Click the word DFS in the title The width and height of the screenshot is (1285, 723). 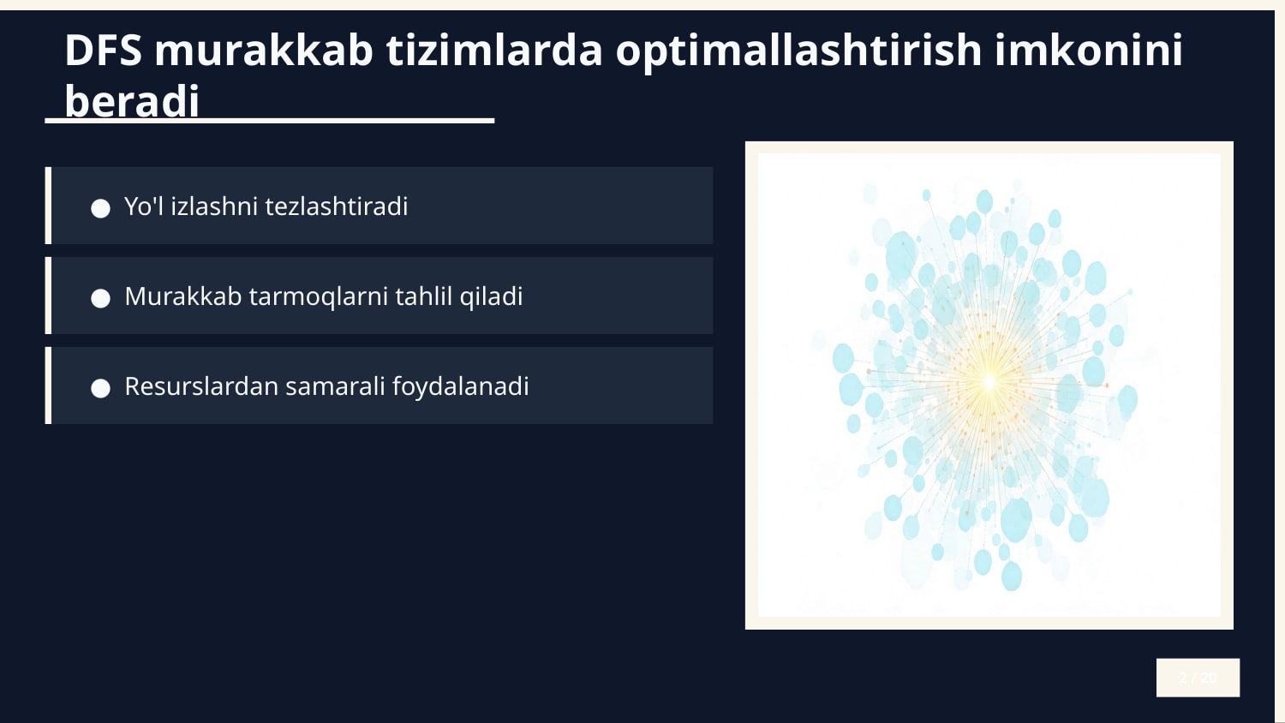[103, 51]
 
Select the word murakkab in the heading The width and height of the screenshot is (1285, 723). [264, 51]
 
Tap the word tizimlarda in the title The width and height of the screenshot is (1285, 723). [494, 51]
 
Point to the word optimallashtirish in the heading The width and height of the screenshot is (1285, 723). [798, 51]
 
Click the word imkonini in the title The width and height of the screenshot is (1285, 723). [1088, 51]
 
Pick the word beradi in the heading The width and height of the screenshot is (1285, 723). [132, 101]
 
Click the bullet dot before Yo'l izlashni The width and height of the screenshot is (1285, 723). [101, 208]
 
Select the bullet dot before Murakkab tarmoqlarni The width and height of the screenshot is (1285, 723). [101, 298]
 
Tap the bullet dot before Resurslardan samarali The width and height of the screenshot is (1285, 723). [101, 388]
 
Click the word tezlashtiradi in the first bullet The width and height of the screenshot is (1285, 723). [337, 206]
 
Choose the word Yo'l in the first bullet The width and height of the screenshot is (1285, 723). [143, 206]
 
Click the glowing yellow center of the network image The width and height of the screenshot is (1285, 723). [989, 382]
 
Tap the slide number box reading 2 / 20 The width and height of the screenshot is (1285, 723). [1198, 678]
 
